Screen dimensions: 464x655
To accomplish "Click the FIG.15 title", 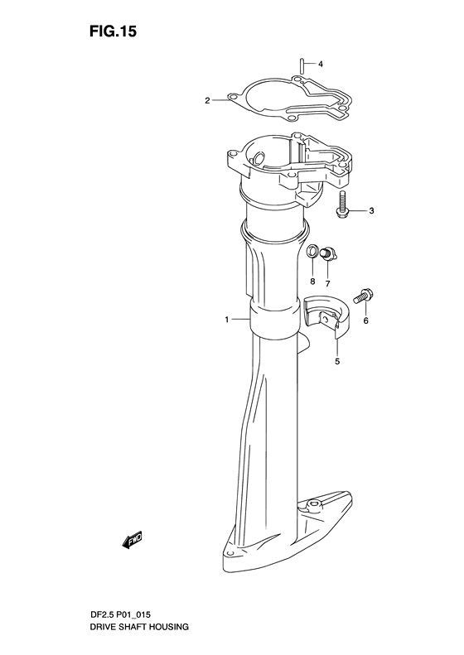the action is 113,31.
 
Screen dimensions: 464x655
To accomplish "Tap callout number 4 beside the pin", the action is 321,65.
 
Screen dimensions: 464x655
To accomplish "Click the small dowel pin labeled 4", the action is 301,66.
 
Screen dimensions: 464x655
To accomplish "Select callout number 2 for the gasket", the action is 207,101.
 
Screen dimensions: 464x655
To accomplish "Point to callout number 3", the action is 371,211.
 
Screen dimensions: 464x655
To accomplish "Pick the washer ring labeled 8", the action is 312,252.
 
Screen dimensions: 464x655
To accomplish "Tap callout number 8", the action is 312,282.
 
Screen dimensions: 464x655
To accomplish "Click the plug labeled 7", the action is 328,253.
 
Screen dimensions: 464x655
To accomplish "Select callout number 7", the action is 327,284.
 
